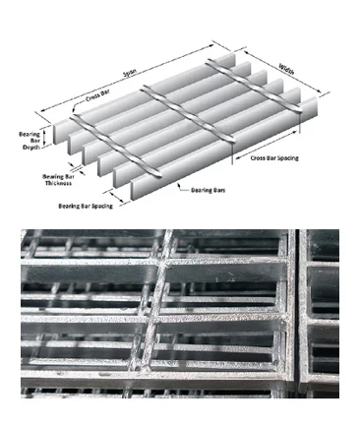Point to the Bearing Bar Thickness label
pos(58,180)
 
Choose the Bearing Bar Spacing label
pos(85,206)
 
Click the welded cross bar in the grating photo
pos(155,315)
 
